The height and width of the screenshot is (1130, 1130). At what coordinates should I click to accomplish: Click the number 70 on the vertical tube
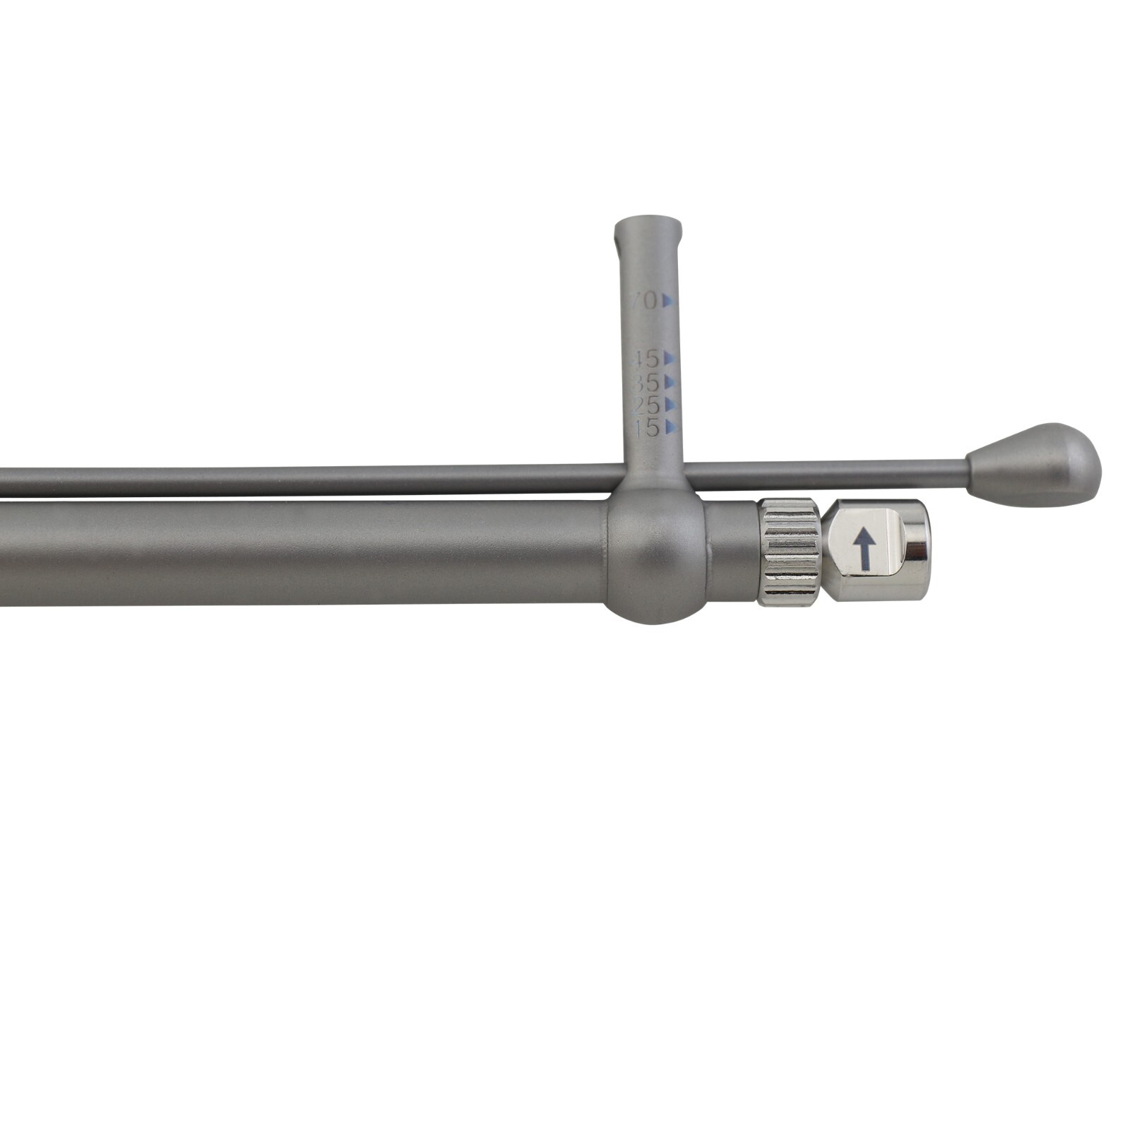644,302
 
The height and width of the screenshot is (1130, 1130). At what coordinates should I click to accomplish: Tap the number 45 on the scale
645,359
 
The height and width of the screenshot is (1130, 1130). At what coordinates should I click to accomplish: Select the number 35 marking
645,383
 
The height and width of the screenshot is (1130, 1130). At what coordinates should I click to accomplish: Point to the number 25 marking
646,405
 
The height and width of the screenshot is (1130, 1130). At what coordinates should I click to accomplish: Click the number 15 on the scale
646,428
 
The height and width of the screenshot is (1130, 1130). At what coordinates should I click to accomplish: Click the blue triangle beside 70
668,302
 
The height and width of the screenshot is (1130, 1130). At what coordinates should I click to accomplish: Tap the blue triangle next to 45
669,358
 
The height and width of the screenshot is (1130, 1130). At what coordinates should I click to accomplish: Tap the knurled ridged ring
788,551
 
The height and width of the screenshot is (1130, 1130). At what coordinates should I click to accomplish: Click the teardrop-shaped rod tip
1035,465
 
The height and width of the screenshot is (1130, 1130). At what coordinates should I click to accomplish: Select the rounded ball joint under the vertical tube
655,558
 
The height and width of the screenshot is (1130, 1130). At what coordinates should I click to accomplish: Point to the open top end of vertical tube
648,227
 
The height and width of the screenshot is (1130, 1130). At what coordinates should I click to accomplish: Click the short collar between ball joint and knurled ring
731,551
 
